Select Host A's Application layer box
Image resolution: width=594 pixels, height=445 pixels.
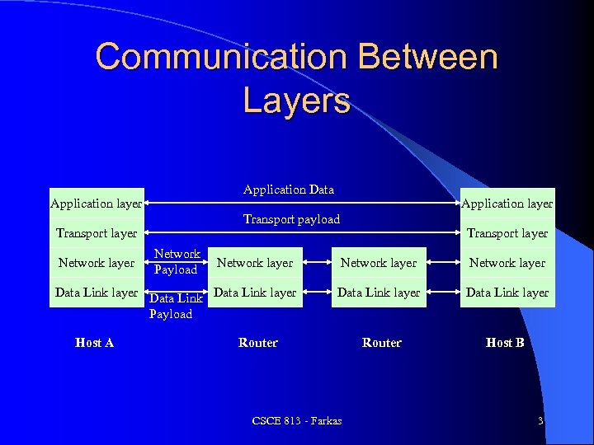point(97,203)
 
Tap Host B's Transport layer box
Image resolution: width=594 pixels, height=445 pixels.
point(507,233)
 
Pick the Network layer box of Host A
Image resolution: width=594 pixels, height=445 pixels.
point(97,263)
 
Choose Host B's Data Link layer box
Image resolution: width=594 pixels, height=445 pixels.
point(507,293)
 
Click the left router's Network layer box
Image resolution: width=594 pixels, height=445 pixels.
point(255,263)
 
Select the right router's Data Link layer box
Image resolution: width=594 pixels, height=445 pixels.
point(379,293)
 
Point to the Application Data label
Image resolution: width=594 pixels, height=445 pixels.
point(289,190)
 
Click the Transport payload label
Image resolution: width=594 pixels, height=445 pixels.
point(291,219)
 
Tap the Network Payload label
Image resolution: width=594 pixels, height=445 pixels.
point(177,262)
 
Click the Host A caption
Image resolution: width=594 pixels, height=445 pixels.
point(94,343)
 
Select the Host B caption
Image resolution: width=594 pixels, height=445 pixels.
point(505,343)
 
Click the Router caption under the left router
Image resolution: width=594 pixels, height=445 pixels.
point(258,343)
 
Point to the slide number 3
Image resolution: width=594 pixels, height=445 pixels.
point(540,421)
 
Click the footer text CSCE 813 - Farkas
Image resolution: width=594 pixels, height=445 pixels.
point(297,421)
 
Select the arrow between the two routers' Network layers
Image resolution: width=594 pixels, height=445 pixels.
point(317,263)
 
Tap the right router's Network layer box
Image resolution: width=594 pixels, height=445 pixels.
point(379,263)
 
